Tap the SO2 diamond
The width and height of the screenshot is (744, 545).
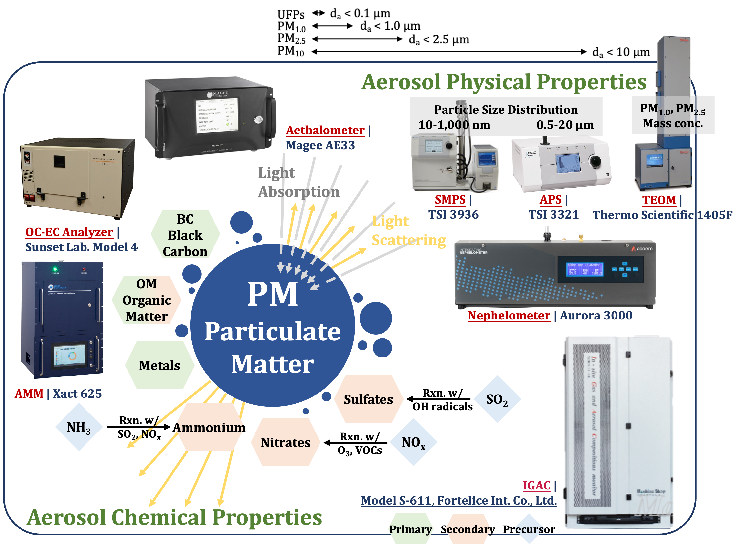tap(497, 399)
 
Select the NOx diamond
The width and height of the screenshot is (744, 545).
tap(413, 442)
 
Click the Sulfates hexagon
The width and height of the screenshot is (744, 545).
tap(368, 399)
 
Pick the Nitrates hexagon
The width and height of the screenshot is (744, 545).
tap(285, 442)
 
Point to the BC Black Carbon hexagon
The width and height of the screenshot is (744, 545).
tap(185, 235)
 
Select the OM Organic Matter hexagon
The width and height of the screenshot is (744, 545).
tap(147, 300)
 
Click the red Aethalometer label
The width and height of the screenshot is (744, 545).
tap(325, 130)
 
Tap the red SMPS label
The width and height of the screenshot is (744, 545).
tap(450, 200)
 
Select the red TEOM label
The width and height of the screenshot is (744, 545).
tap(659, 200)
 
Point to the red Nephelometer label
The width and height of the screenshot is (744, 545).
tap(509, 315)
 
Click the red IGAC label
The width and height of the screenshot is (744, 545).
tap(536, 485)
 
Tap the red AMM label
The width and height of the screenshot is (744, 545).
tap(29, 394)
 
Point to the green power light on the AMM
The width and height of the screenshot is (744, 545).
tap(55, 269)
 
